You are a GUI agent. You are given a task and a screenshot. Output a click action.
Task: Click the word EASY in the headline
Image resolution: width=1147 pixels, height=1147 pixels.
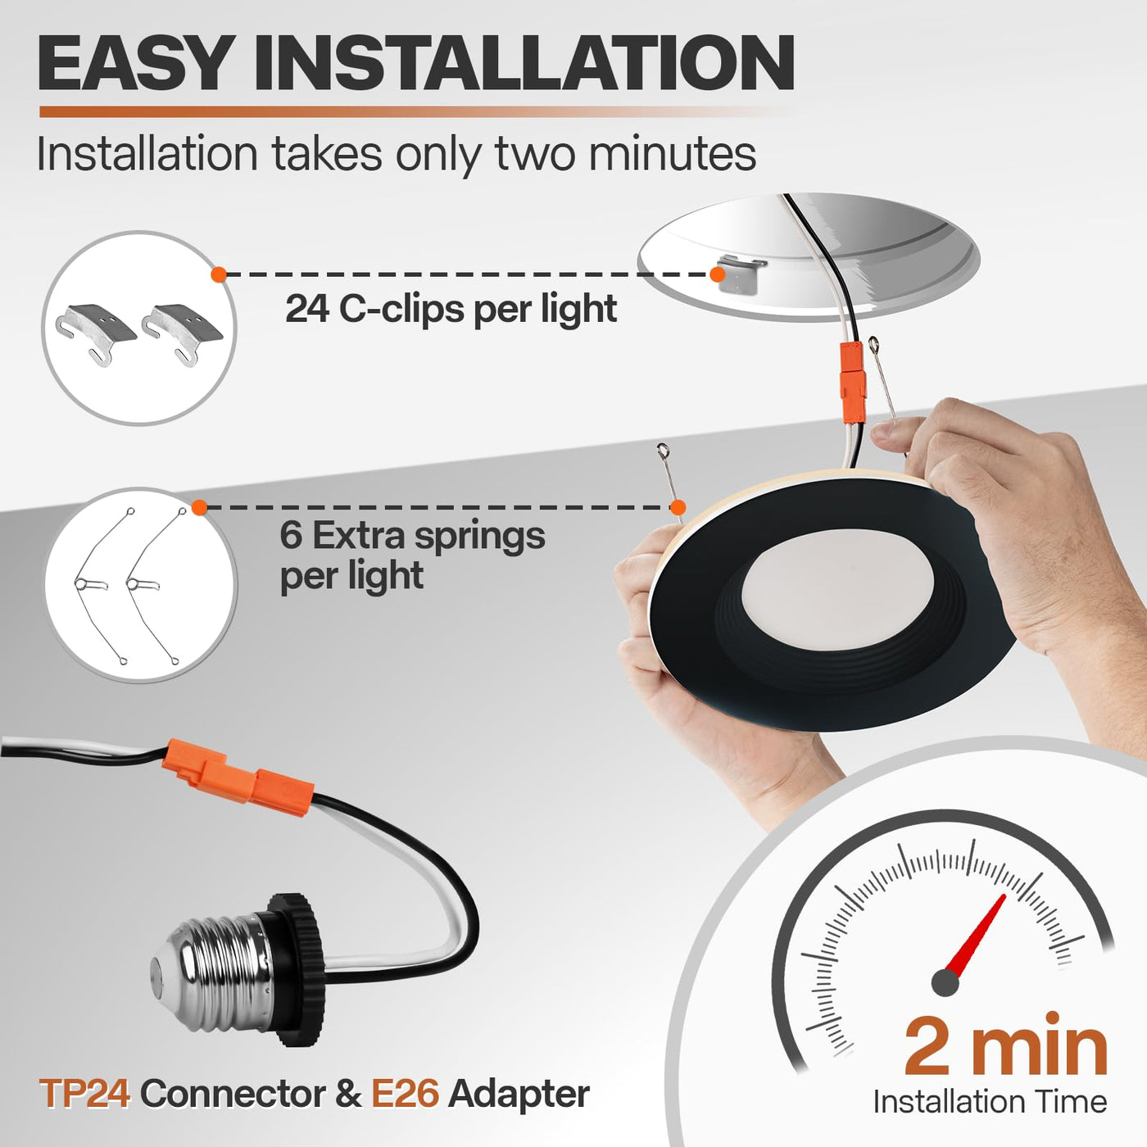(x=134, y=63)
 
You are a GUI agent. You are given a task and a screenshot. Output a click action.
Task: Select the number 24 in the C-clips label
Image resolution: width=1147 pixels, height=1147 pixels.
(x=307, y=309)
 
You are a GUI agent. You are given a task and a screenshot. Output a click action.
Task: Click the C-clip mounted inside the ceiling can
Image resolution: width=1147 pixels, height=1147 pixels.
(x=740, y=273)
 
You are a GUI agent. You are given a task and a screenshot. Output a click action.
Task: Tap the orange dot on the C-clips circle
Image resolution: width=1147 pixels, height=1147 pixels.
(x=219, y=274)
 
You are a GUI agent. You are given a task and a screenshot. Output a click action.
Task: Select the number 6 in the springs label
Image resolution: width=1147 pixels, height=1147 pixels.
(x=291, y=536)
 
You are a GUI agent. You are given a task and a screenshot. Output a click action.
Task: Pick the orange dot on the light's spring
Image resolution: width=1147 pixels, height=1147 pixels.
(x=678, y=508)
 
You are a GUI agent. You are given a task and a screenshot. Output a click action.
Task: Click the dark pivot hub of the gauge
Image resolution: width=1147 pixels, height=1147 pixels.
(x=945, y=982)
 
